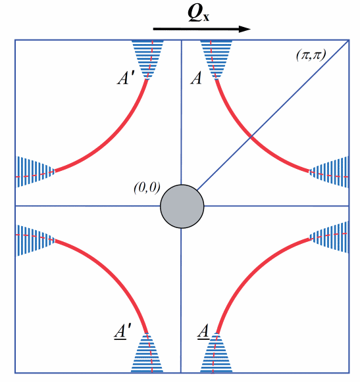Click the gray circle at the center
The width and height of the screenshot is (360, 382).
[x=182, y=206]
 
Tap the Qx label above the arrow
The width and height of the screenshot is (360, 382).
[x=199, y=13]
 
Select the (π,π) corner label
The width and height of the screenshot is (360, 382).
[x=311, y=55]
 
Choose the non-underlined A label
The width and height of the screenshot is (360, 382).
[x=196, y=78]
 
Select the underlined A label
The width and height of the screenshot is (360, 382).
[x=203, y=331]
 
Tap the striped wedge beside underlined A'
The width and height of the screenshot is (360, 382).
[x=147, y=353]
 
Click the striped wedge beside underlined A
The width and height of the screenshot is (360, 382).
[x=216, y=353]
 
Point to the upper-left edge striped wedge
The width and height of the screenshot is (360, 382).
[x=35, y=172]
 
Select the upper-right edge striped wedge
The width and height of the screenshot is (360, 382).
[x=329, y=172]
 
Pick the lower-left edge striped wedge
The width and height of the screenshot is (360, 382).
[x=35, y=240]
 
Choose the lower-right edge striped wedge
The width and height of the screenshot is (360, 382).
[x=329, y=237]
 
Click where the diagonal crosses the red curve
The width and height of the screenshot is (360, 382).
[x=251, y=137]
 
